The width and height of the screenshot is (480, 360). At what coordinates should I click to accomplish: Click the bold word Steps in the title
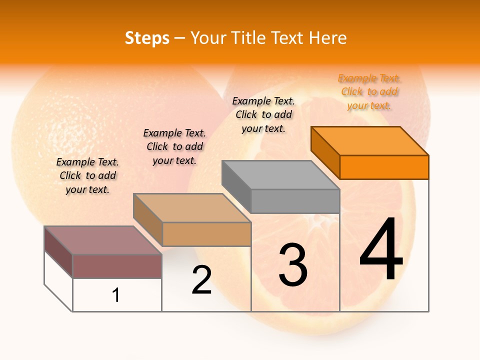(x=147, y=38)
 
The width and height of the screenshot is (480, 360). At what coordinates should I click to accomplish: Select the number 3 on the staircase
(x=293, y=265)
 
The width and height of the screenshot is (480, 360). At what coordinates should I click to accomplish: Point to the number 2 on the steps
(x=202, y=280)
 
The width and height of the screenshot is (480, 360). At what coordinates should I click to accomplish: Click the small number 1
(x=116, y=295)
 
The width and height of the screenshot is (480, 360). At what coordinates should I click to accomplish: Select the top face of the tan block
(x=192, y=208)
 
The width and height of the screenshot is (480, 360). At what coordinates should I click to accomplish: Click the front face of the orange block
(x=384, y=167)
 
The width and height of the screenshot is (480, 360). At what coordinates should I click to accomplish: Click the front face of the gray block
(x=295, y=201)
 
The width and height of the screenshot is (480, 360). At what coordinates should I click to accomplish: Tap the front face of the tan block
(x=206, y=234)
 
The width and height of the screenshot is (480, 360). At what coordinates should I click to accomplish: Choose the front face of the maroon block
(x=117, y=266)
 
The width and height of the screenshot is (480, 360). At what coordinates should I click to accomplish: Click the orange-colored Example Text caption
(x=369, y=92)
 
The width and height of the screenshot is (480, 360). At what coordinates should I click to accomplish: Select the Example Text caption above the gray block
(x=263, y=114)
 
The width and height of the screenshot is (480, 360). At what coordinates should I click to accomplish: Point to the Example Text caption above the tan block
(x=174, y=146)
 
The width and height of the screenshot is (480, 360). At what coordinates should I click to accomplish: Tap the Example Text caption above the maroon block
(x=87, y=175)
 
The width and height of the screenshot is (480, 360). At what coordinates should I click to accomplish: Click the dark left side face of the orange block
(x=325, y=152)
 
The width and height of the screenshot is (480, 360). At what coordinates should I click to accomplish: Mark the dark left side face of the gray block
(x=236, y=186)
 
